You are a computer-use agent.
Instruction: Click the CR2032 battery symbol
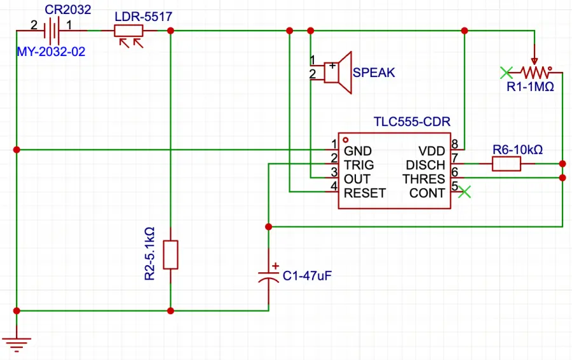55,30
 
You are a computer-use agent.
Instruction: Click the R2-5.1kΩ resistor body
170,254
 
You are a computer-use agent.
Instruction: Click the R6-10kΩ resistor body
507,164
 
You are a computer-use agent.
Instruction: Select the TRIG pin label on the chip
358,165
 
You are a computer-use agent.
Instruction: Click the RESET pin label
364,193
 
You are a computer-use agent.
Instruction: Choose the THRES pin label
424,179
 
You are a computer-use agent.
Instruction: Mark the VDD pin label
432,151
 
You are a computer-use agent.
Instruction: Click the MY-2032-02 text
51,52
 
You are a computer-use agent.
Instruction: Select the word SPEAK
374,73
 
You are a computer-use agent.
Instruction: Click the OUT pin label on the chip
357,179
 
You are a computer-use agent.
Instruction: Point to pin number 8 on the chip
455,144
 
